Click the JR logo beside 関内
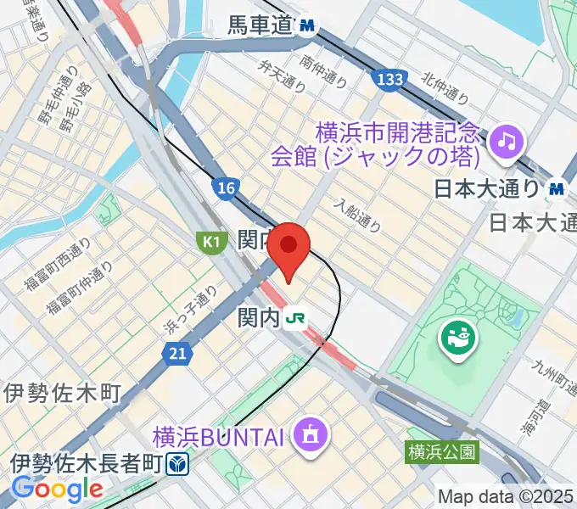[296, 317]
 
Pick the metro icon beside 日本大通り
[557, 187]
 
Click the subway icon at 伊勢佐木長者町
[177, 464]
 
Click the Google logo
[57, 488]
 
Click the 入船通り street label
[356, 215]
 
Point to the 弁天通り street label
[282, 72]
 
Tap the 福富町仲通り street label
[81, 285]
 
